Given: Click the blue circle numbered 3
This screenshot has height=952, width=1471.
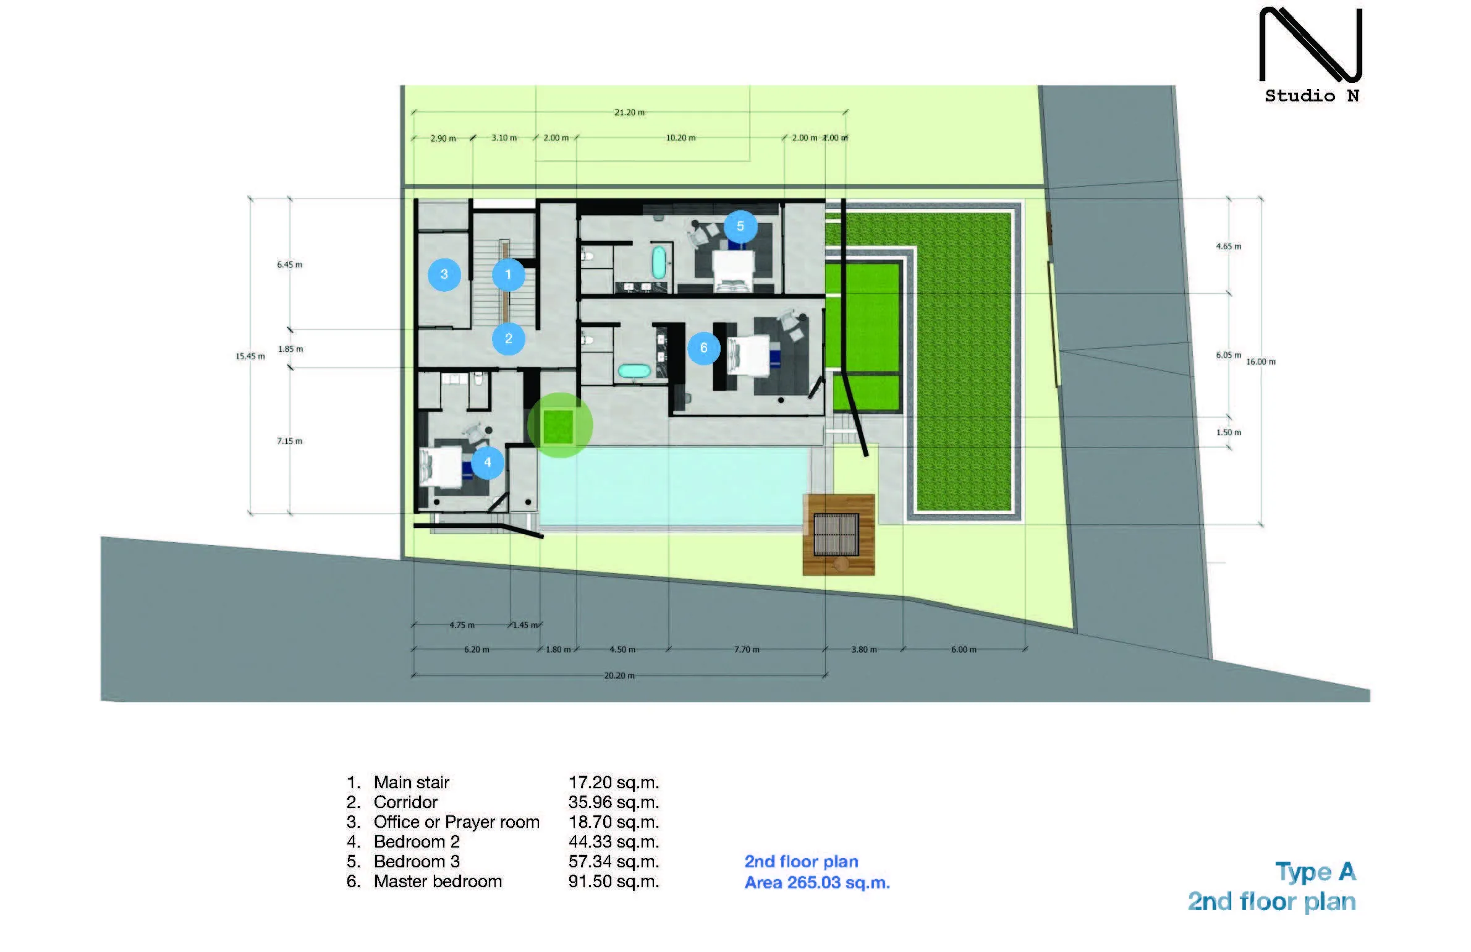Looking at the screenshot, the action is [444, 274].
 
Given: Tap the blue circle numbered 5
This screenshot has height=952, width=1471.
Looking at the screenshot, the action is [740, 226].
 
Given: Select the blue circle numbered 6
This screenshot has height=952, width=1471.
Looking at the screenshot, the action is [703, 348].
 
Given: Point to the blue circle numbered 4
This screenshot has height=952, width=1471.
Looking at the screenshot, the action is [488, 462].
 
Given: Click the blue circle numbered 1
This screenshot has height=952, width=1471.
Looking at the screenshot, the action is [509, 274].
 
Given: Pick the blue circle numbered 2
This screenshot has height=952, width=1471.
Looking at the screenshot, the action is [509, 339].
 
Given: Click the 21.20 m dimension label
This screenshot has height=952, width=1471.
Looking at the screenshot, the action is [629, 113].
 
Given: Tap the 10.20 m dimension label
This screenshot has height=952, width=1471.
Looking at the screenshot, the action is [680, 138].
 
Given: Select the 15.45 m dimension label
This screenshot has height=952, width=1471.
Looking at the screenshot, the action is [250, 356].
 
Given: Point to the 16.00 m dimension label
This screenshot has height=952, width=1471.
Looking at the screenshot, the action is [1261, 362].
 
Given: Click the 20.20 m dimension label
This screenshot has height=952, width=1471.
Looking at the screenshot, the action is [619, 676].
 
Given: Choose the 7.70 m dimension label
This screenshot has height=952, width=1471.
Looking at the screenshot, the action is [747, 650].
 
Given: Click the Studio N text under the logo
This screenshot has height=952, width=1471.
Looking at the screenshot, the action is [1312, 96].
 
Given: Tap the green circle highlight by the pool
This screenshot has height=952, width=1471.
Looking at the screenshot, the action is [560, 425].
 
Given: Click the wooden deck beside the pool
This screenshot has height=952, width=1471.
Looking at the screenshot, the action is [839, 535].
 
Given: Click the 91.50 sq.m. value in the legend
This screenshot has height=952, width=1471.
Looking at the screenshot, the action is [614, 881].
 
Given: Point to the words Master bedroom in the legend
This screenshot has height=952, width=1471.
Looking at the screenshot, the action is [438, 881].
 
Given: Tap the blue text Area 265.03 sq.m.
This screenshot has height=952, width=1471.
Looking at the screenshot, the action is [817, 883].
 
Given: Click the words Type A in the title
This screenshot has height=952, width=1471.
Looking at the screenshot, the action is [1316, 872].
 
